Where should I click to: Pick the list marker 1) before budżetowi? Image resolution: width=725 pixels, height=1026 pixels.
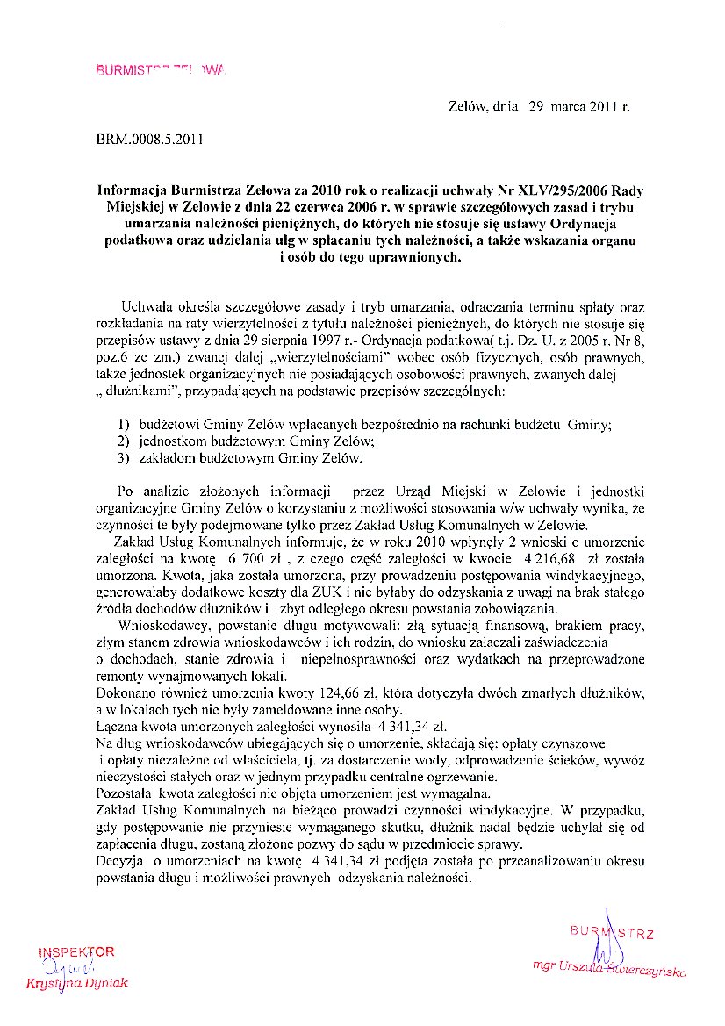click(124, 425)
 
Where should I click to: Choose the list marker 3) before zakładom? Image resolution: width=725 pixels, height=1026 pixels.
click(124, 457)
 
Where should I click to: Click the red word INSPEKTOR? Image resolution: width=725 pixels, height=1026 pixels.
click(76, 952)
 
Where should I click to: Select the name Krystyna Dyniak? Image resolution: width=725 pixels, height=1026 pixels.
click(77, 984)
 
